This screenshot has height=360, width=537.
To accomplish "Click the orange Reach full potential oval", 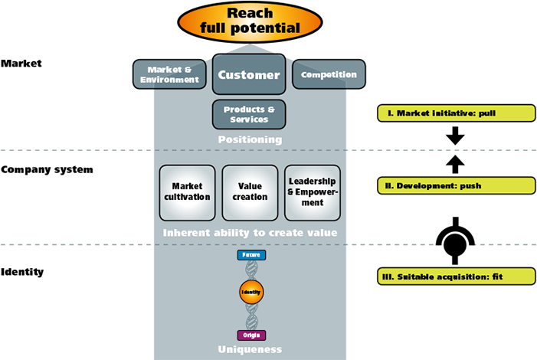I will pyautogui.click(x=250, y=21).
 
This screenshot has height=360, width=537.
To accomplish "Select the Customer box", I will pyautogui.click(x=250, y=75).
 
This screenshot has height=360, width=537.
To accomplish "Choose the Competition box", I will pyautogui.click(x=329, y=75).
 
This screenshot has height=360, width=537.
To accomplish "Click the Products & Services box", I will pyautogui.click(x=249, y=114).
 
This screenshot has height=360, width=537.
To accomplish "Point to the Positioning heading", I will pyautogui.click(x=250, y=140).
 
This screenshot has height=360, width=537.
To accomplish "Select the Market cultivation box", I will pyautogui.click(x=187, y=192).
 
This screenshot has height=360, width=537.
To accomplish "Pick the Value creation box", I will pyautogui.click(x=250, y=192).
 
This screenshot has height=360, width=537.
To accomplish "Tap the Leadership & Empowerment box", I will pyautogui.click(x=312, y=192).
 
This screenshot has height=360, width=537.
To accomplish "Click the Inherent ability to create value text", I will pyautogui.click(x=250, y=232).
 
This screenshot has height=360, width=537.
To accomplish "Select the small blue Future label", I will pyautogui.click(x=250, y=254).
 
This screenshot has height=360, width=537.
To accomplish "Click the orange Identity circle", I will pyautogui.click(x=250, y=293).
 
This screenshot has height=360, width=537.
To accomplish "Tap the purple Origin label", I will pyautogui.click(x=250, y=335).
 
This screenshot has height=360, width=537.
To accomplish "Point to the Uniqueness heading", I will pyautogui.click(x=250, y=349).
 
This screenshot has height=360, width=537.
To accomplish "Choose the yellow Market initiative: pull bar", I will pyautogui.click(x=457, y=113).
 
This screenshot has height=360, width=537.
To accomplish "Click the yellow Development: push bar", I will pyautogui.click(x=457, y=185).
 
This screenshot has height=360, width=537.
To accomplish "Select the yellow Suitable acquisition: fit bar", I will pyautogui.click(x=457, y=277).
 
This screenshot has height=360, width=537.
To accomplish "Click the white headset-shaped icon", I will pyautogui.click(x=455, y=245).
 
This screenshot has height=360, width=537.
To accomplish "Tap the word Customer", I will pyautogui.click(x=250, y=75).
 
